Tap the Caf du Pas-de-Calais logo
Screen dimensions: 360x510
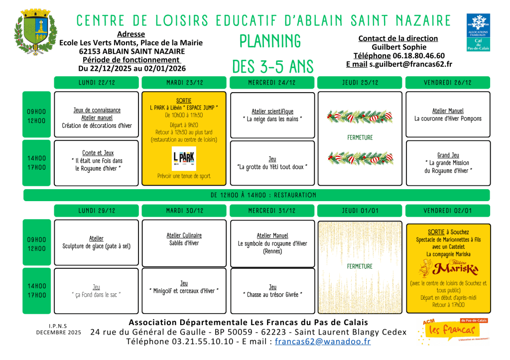478,32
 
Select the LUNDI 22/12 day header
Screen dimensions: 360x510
96,82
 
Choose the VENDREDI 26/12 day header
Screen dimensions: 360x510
448,82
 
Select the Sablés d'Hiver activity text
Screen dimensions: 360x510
184,243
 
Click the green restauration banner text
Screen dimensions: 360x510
263,195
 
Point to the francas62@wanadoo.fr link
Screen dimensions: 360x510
323,342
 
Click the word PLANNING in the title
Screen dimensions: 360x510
270,41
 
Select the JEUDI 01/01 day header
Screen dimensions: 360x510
360,211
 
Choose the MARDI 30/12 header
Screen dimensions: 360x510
184,211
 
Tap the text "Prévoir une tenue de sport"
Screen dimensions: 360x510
184,176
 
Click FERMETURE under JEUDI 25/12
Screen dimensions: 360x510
360,137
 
